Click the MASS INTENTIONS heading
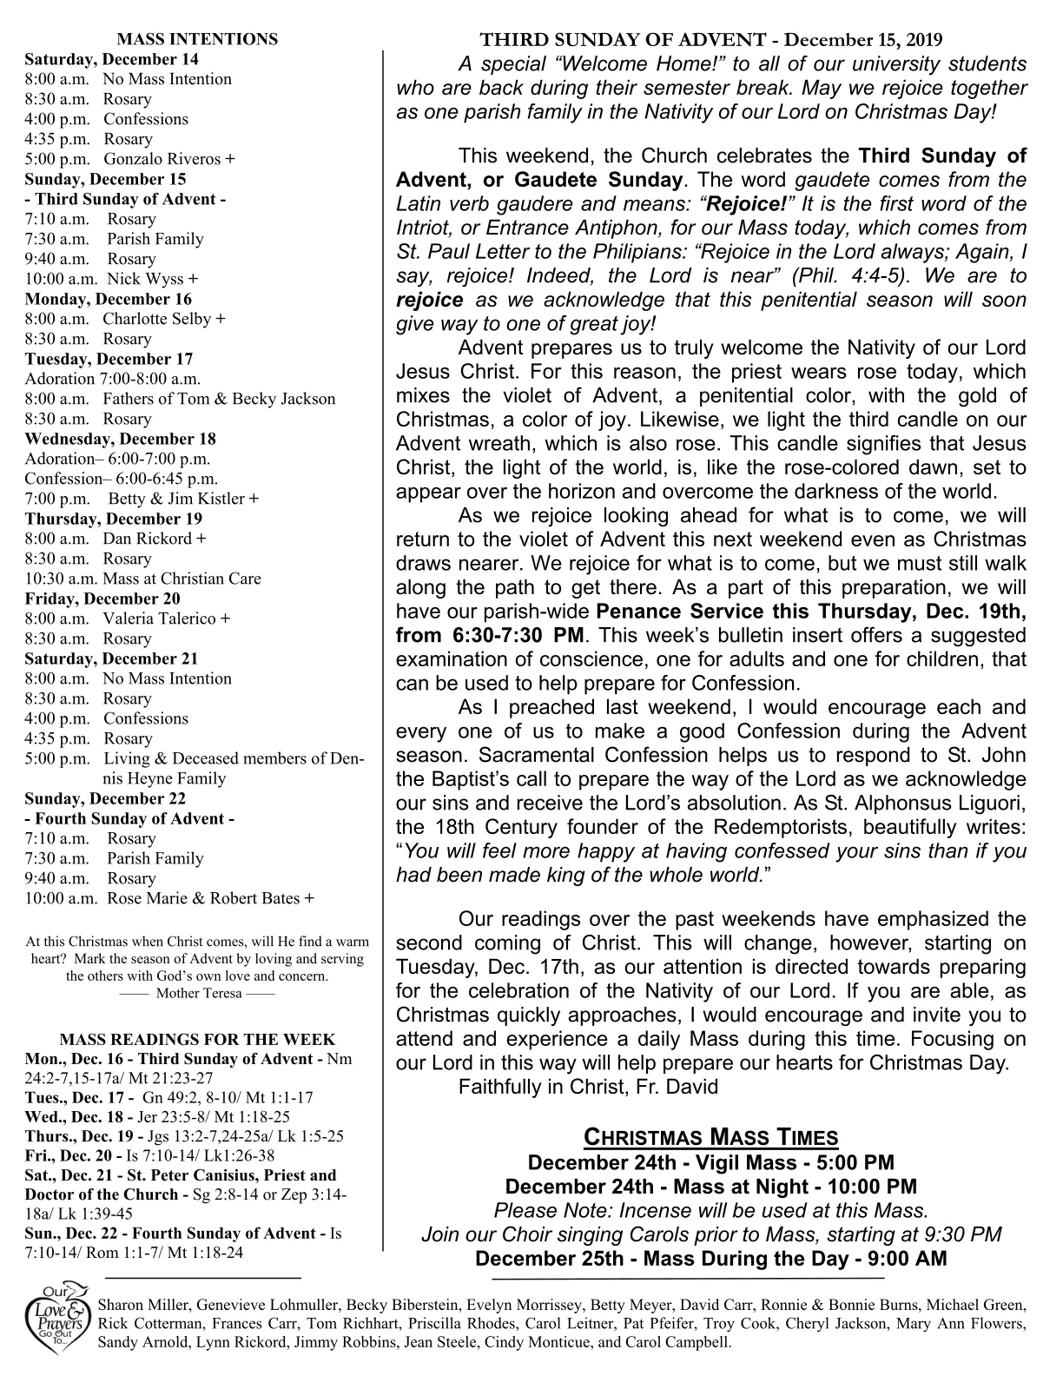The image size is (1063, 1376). [x=197, y=39]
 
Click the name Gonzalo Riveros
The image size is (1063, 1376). [x=163, y=159]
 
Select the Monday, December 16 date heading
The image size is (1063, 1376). [x=109, y=299]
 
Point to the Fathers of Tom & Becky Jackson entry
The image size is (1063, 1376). [x=219, y=399]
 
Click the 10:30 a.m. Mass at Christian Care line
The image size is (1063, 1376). [x=142, y=579]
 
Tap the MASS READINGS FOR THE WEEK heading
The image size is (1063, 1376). [x=197, y=1040]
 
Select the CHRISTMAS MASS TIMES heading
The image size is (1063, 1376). [x=710, y=1137]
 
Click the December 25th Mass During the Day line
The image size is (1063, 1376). [x=710, y=1259]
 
